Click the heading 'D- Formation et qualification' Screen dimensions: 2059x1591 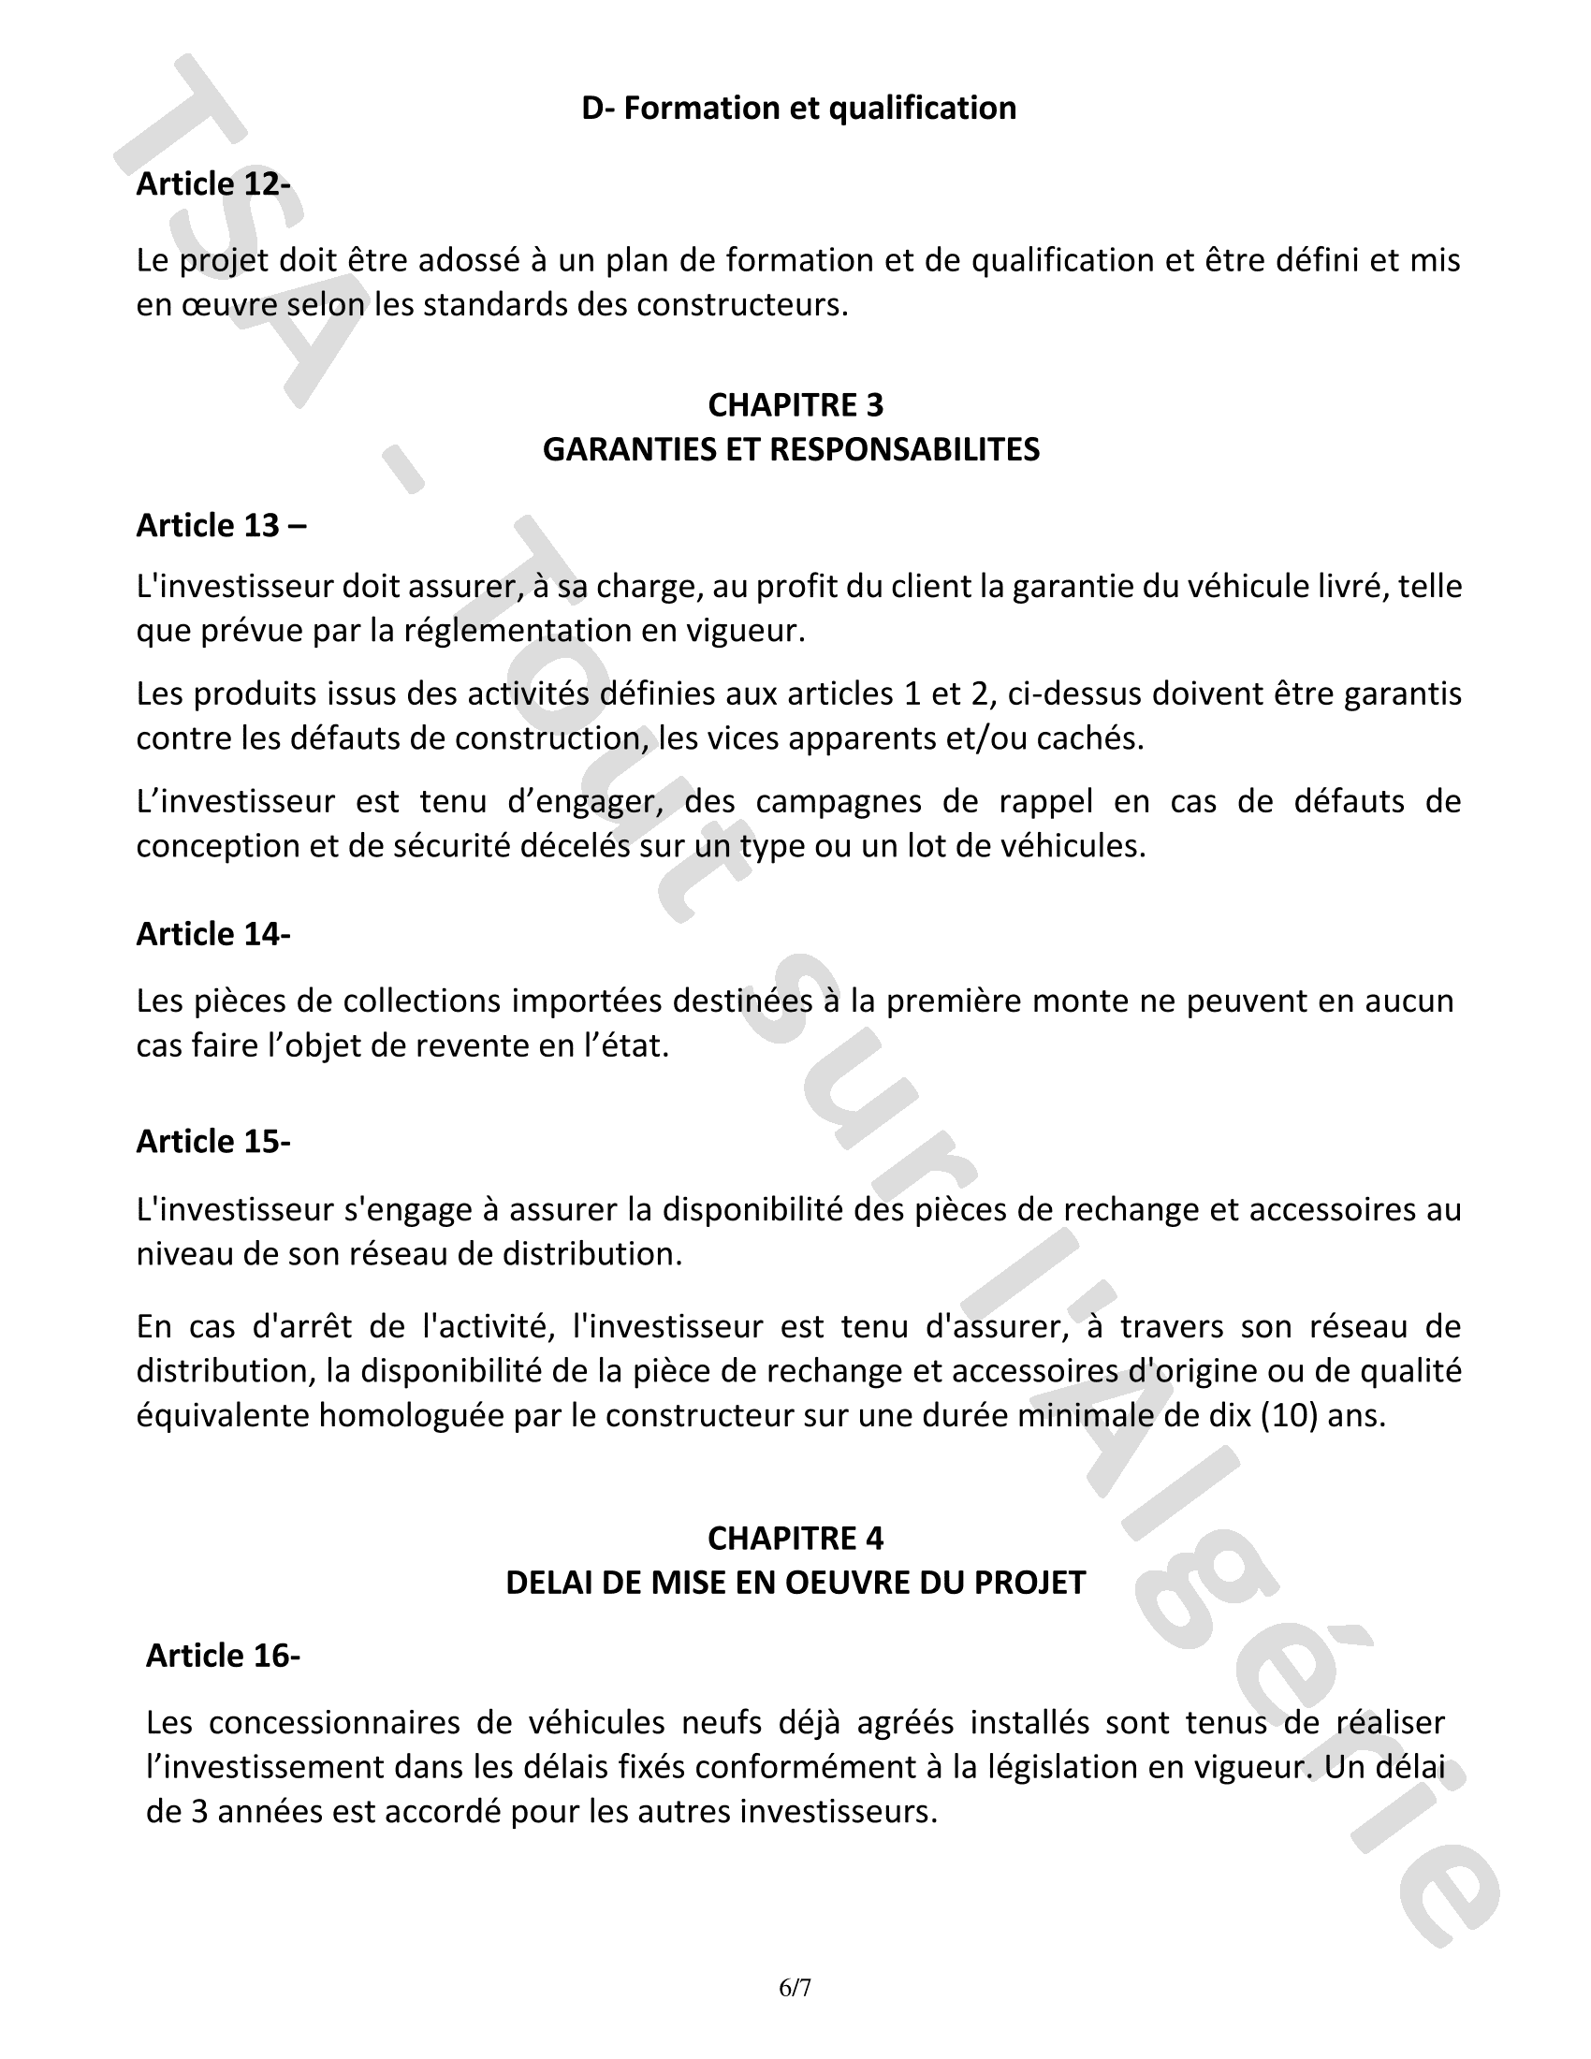(x=798, y=109)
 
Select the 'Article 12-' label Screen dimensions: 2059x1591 (x=213, y=183)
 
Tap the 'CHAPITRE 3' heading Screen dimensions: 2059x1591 (x=795, y=405)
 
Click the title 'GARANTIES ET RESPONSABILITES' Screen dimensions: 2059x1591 (x=791, y=449)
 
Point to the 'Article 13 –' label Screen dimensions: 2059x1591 (x=222, y=525)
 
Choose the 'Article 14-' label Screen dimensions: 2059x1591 (x=213, y=933)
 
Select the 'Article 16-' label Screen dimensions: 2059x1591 (x=223, y=1656)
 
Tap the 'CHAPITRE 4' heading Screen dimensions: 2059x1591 (x=795, y=1539)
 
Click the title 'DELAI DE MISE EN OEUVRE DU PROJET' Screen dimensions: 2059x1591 (x=795, y=1583)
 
